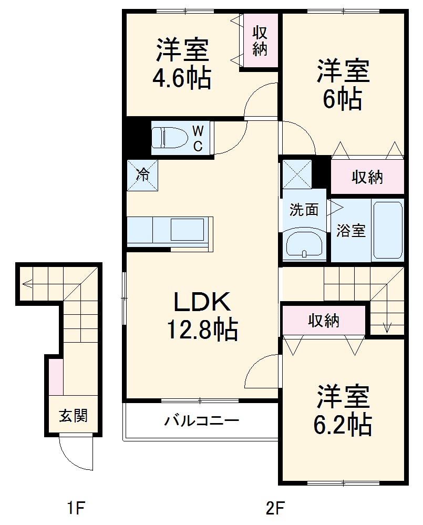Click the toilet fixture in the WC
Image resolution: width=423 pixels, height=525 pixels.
[x=167, y=138]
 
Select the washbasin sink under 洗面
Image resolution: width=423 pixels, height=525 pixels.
[x=305, y=244]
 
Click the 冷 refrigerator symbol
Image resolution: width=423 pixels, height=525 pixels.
[x=142, y=175]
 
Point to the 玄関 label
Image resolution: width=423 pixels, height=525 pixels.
[x=73, y=416]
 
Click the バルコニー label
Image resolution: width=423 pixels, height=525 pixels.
[x=202, y=421]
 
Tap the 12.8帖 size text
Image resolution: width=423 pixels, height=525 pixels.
[x=202, y=330]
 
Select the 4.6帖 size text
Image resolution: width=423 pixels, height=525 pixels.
[x=182, y=79]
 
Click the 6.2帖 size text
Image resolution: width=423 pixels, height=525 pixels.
[x=343, y=424]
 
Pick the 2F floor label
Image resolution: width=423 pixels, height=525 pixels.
[x=274, y=508]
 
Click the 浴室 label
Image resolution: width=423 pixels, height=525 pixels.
[x=351, y=230]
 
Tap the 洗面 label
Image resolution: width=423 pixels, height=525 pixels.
[x=304, y=210]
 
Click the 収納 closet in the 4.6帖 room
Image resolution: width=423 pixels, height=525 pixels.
[x=260, y=41]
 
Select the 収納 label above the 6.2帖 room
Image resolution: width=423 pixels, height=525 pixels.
[x=323, y=320]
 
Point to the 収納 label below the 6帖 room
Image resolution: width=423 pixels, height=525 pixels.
[x=367, y=178]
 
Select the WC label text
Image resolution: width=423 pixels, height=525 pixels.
[x=198, y=138]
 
